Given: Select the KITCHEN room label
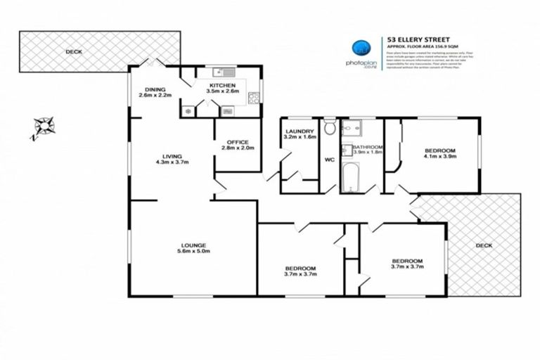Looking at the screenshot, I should point(222,84).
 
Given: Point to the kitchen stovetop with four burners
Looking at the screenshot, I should point(188,111).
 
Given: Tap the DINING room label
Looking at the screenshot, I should point(155,89).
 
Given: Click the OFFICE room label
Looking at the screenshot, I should point(237,142).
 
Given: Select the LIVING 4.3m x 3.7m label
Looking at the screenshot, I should point(172,160).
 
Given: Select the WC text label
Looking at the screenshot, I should point(329,160).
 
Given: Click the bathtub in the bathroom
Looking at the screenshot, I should point(351,178).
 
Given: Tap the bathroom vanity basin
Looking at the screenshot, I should point(346,150).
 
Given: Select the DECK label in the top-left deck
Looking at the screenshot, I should point(73,51).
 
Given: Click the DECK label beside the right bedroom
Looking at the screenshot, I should point(484,245).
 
